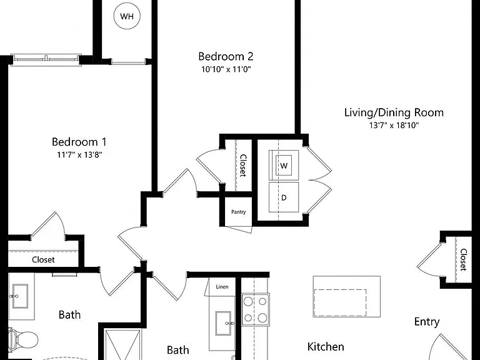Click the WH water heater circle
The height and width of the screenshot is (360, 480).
(x=127, y=16)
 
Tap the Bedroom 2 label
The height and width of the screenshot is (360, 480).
(x=226, y=56)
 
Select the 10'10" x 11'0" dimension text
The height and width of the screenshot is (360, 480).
(x=226, y=69)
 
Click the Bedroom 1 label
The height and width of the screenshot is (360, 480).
(x=79, y=142)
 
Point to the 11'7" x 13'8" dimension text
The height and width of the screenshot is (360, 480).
(x=79, y=154)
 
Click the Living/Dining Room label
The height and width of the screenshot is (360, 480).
(x=394, y=112)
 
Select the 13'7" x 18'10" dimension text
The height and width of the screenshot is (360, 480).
(x=394, y=125)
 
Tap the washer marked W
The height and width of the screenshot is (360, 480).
(x=284, y=165)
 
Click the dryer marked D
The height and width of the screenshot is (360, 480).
(x=284, y=197)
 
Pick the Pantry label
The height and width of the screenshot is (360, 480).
(x=239, y=212)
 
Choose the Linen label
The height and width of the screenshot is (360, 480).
(x=222, y=287)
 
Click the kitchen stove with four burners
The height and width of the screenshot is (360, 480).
(x=256, y=309)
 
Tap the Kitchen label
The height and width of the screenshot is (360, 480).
(x=326, y=347)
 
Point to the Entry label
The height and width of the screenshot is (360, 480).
(x=427, y=322)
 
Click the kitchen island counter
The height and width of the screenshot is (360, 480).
(x=346, y=296)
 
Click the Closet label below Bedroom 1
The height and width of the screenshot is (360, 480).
(x=43, y=260)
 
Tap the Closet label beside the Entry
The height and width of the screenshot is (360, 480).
(x=464, y=259)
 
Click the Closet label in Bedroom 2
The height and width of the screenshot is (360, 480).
(x=243, y=165)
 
